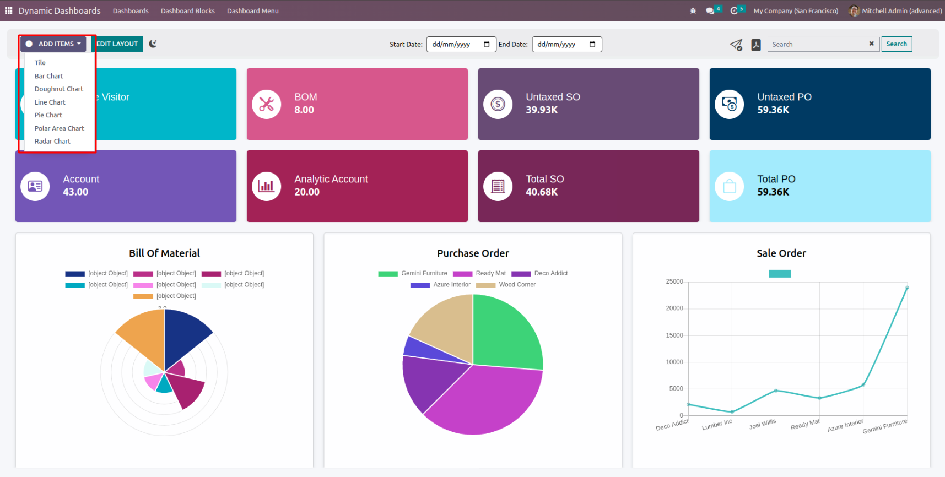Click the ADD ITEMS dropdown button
click(53, 44)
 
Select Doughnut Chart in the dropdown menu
click(59, 89)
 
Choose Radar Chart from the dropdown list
click(52, 142)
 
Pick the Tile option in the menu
click(40, 63)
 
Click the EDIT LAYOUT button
click(117, 44)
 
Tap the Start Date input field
click(460, 45)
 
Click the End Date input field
click(566, 45)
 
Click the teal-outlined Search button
click(897, 44)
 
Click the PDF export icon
click(756, 45)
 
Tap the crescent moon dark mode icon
click(153, 44)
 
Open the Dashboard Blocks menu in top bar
click(188, 11)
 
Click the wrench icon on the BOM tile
click(267, 104)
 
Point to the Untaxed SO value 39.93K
click(542, 110)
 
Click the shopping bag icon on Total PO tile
click(730, 187)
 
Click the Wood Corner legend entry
click(517, 285)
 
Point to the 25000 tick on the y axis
click(674, 281)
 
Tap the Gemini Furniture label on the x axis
click(885, 426)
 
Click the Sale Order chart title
click(781, 253)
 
